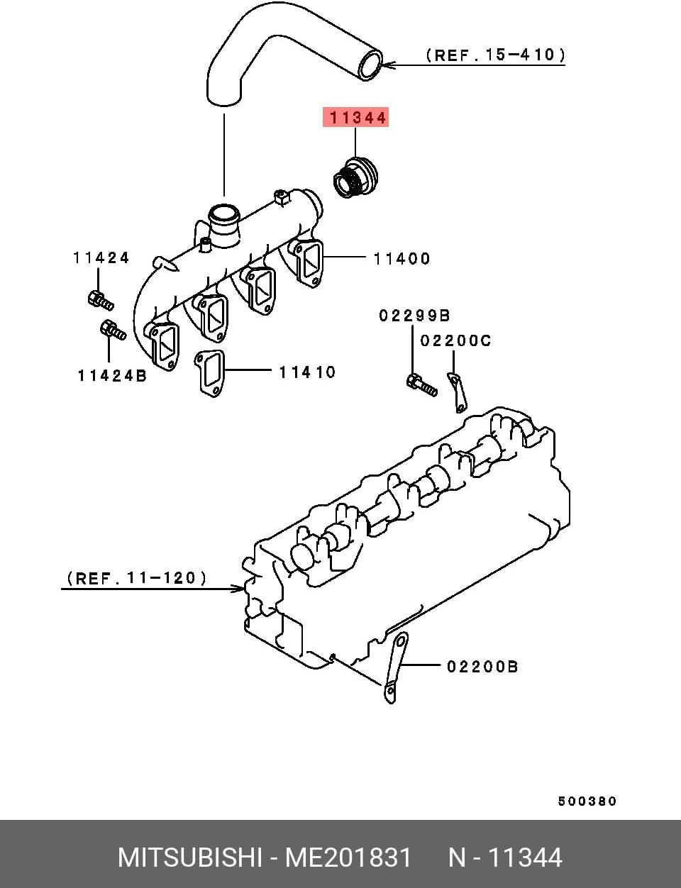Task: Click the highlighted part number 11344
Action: (x=355, y=118)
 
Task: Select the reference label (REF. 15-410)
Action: (x=495, y=55)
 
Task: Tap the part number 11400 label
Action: (x=402, y=259)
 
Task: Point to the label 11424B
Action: (x=111, y=376)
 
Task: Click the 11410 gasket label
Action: (x=306, y=372)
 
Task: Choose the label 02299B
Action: (x=414, y=316)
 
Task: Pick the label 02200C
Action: (x=455, y=341)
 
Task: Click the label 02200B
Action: (x=482, y=667)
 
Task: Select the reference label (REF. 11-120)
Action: (x=137, y=578)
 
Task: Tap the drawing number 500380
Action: (x=587, y=801)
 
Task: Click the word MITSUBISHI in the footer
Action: (x=189, y=858)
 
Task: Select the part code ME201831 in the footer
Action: (x=348, y=858)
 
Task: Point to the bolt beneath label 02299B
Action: (x=421, y=385)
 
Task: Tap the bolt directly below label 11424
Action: (x=100, y=300)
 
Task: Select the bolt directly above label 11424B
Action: (x=112, y=330)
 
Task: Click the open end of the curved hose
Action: (x=370, y=65)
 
